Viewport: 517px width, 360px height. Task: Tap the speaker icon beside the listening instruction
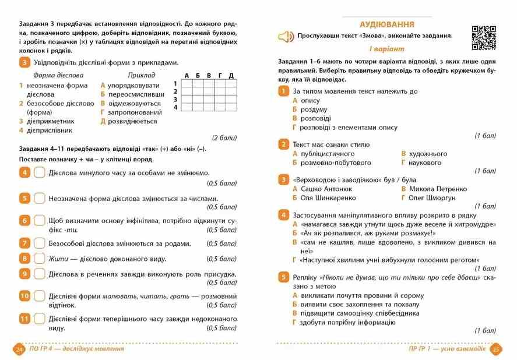click(286, 37)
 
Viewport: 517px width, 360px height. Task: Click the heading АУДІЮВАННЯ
click(386, 24)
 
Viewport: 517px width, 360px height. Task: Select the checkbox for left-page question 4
click(40, 172)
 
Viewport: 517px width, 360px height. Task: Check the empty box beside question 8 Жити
click(40, 258)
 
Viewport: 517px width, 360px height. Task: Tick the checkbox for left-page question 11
click(40, 319)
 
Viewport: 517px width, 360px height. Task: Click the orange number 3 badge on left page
click(24, 63)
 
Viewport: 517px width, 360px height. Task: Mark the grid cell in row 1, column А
click(187, 83)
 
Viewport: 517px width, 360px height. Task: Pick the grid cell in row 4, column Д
click(231, 107)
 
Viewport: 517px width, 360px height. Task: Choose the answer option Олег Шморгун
click(431, 197)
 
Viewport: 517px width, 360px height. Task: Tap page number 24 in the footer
click(19, 349)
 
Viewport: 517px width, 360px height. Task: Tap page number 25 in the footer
click(496, 349)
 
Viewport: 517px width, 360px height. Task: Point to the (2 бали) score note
click(224, 138)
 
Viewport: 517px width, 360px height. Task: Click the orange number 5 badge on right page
click(283, 277)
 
